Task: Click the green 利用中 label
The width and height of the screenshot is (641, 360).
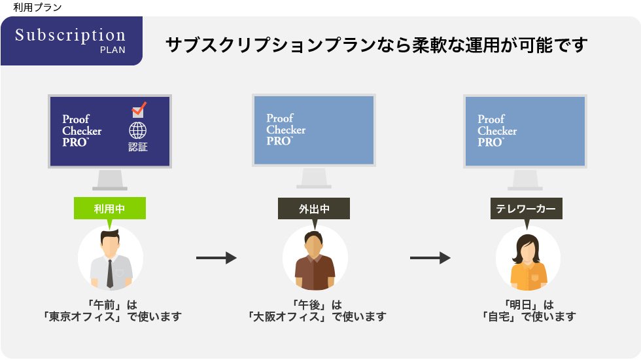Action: [109, 209]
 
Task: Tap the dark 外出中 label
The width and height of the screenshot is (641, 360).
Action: [314, 209]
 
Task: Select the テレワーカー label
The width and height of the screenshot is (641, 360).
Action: [526, 209]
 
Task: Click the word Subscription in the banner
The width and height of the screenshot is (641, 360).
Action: [70, 35]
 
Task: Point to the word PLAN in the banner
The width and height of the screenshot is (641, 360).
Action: [113, 50]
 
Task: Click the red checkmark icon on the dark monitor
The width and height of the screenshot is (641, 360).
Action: [139, 109]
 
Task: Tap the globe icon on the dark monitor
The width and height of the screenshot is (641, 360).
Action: [138, 129]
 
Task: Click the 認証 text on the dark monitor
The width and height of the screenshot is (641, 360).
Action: [138, 147]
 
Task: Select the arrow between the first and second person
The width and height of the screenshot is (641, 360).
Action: [216, 259]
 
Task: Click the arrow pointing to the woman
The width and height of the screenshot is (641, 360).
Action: [430, 259]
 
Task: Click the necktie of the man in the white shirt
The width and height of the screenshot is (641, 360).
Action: [110, 274]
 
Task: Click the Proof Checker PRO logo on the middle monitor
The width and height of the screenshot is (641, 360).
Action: [286, 130]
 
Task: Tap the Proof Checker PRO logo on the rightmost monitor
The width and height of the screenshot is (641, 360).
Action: [497, 130]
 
